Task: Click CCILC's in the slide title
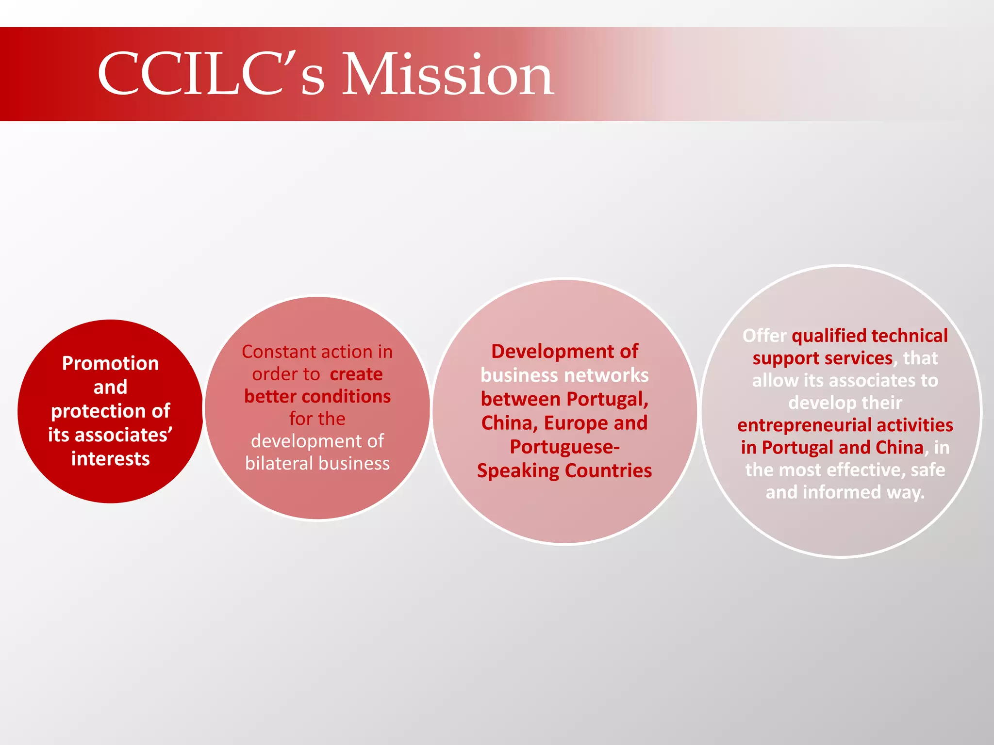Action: (211, 75)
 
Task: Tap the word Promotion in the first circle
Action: (110, 363)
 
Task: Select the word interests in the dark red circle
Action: (110, 458)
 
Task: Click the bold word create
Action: (356, 374)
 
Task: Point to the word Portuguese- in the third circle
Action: (564, 446)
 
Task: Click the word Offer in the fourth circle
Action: (764, 336)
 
